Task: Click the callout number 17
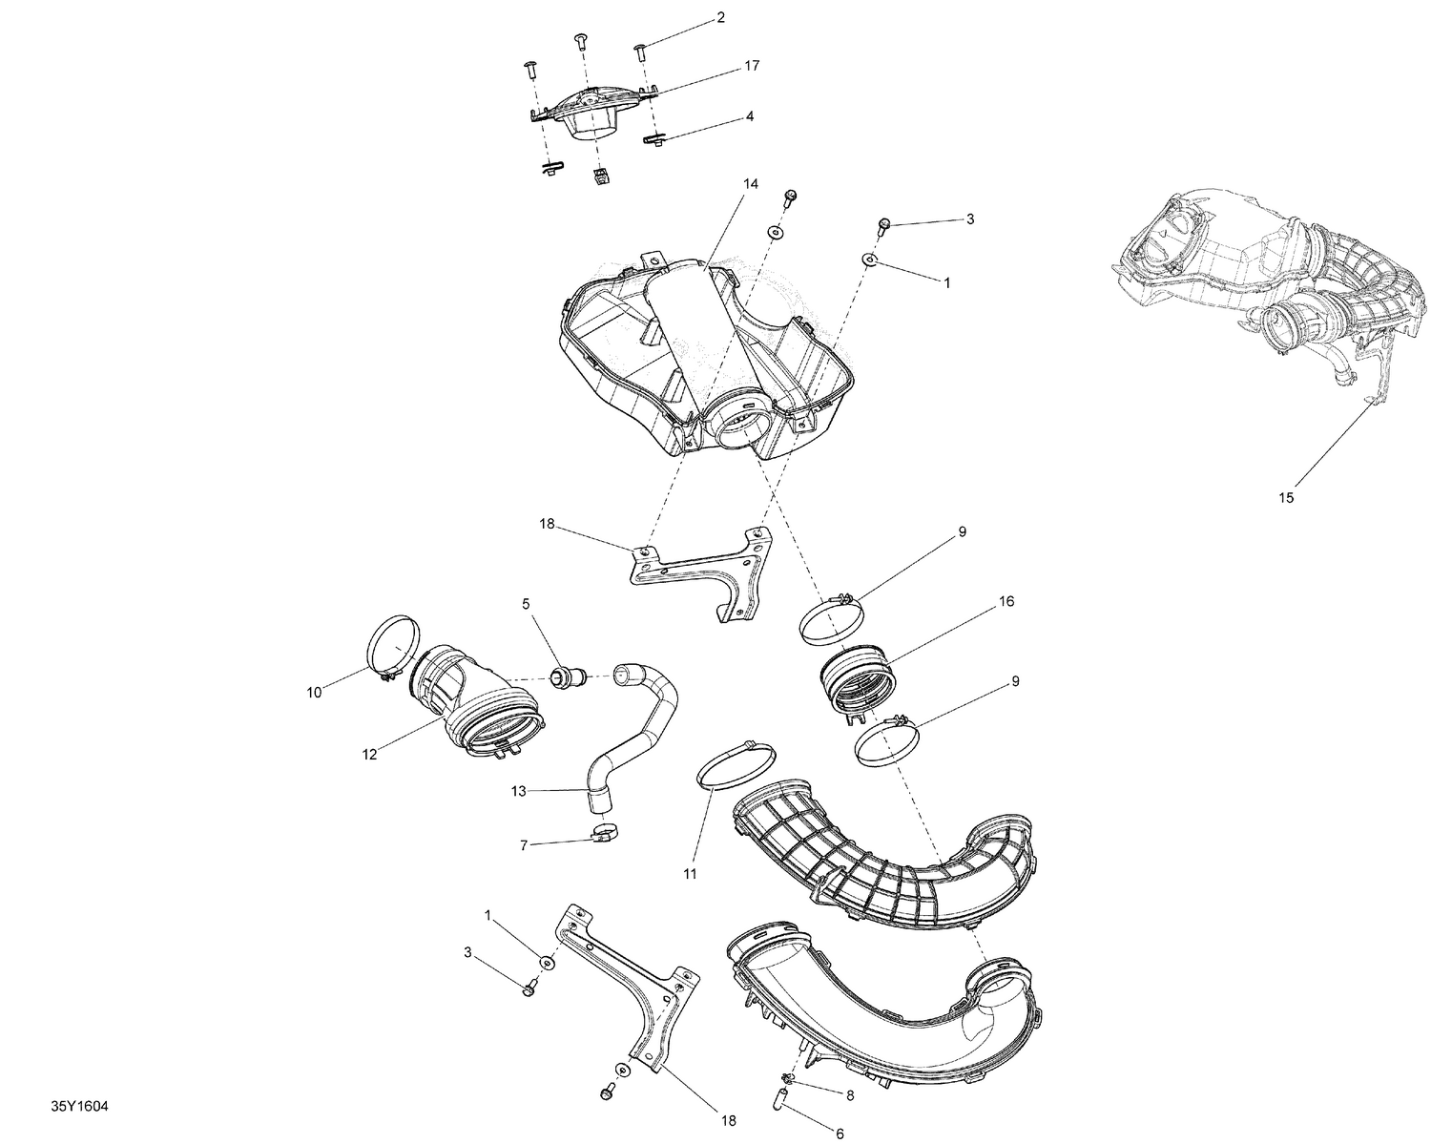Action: point(752,66)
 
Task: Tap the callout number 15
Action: point(1286,497)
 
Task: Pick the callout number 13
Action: point(519,791)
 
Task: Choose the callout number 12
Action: point(369,754)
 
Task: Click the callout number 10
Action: point(315,693)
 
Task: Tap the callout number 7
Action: point(523,844)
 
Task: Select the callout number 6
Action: point(840,1134)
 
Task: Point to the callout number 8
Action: point(850,1096)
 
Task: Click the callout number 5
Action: point(525,604)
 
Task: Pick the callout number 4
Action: point(750,115)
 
